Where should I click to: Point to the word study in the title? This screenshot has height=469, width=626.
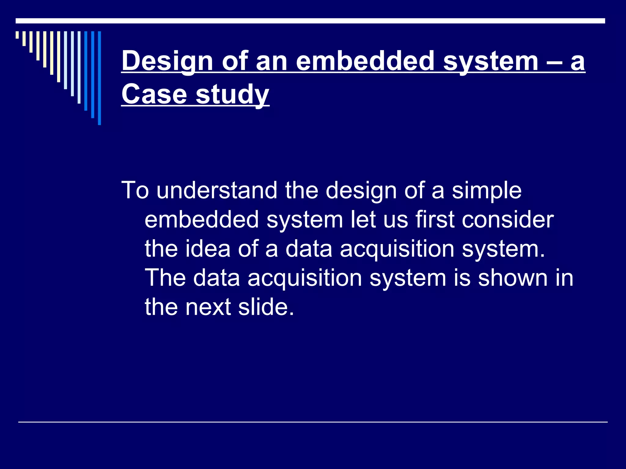point(232,95)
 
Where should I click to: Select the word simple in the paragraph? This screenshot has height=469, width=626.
point(487,191)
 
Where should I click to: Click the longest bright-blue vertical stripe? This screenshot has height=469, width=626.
point(99,78)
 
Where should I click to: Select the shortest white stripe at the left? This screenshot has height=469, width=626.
point(17,35)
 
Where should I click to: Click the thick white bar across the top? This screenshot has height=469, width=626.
point(310,21)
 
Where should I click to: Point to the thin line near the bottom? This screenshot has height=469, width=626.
point(313,422)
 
